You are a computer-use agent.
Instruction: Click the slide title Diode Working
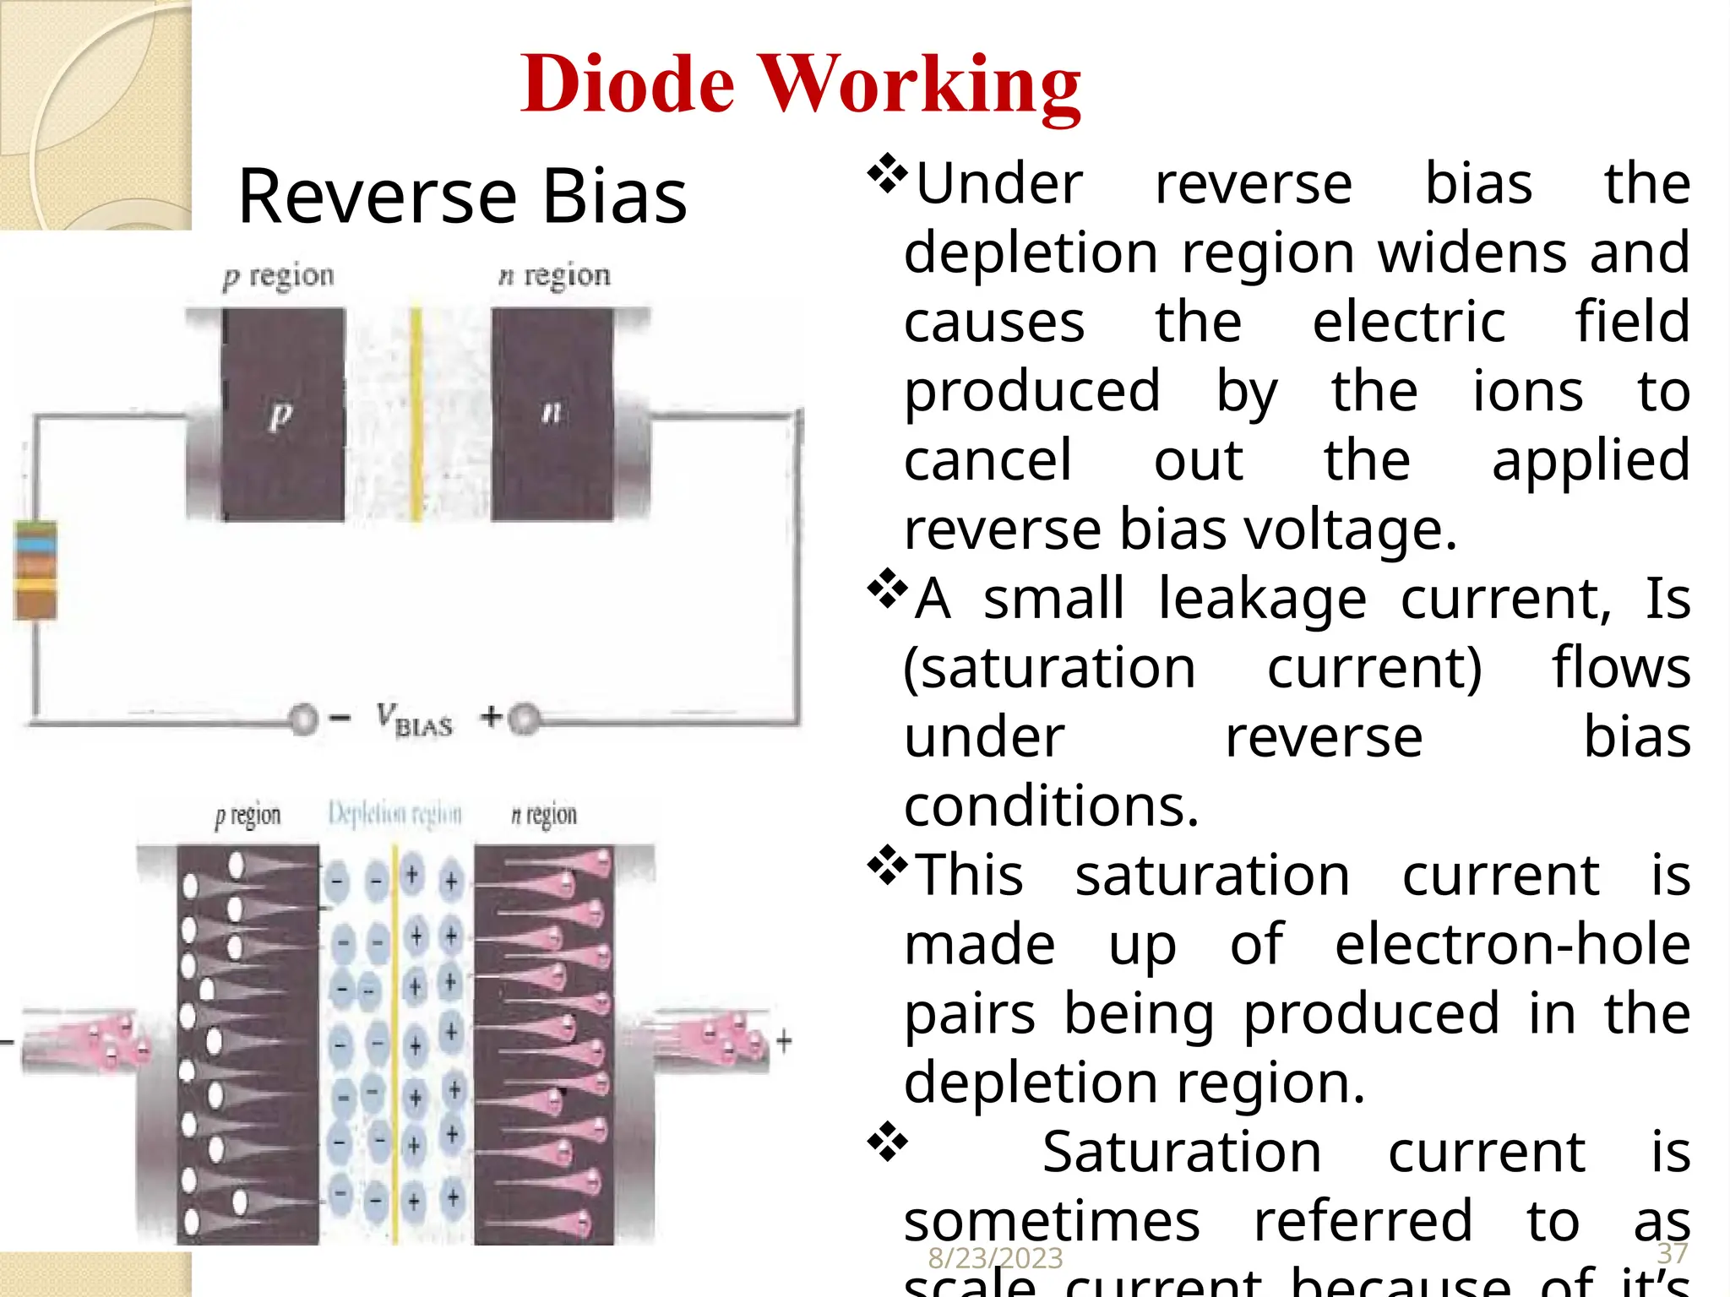800,84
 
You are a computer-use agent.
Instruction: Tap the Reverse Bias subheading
462,196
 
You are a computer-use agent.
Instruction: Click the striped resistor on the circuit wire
35,570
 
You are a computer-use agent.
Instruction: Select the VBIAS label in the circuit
414,719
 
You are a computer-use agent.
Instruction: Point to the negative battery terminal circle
303,719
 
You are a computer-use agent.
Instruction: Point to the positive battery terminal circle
524,719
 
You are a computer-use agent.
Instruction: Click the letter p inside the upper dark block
280,414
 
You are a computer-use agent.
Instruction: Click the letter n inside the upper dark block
552,412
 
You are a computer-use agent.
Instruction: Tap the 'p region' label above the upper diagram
279,276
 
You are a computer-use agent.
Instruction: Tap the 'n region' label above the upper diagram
554,275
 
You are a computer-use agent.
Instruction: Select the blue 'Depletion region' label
394,814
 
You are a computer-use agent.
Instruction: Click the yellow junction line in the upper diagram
416,414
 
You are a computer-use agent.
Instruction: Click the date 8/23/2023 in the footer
995,1258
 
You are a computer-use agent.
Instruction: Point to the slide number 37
1672,1253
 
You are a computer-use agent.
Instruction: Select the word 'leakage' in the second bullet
1262,599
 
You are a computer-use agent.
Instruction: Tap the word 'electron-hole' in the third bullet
1512,944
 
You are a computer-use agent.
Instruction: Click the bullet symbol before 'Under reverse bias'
887,174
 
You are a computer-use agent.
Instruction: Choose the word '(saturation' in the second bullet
1050,668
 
